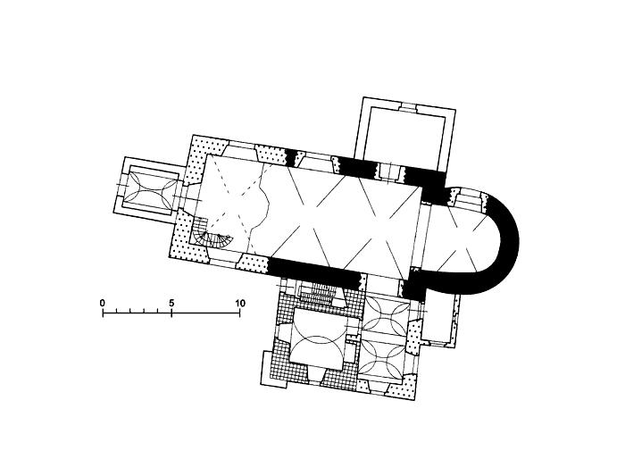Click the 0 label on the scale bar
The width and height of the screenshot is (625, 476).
103,303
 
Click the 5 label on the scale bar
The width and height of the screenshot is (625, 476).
171,303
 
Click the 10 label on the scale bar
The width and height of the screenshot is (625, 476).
240,303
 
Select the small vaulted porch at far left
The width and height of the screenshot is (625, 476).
149,189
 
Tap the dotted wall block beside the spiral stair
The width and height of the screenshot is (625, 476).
187,239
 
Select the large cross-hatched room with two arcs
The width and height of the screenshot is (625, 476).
317,338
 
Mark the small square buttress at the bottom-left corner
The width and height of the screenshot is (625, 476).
274,369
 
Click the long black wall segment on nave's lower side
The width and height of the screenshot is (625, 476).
315,271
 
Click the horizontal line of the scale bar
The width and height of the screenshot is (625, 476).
171,313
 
